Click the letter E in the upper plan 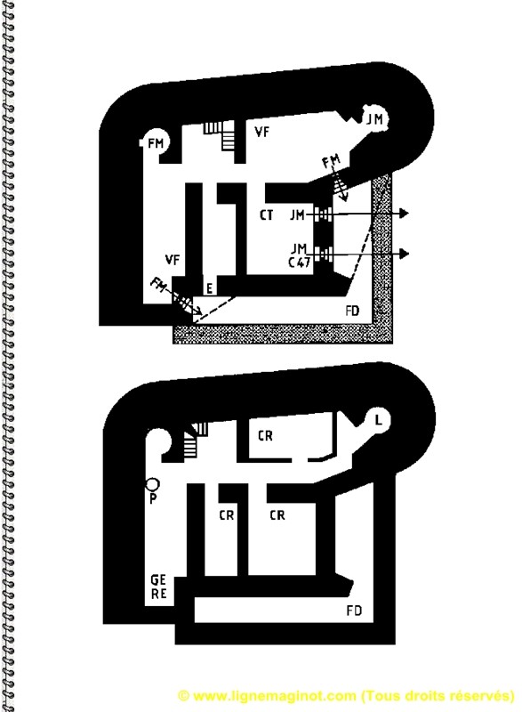pyautogui.click(x=209, y=288)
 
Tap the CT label pyautogui.click(x=267, y=214)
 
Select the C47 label pyautogui.click(x=300, y=262)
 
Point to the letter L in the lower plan pyautogui.click(x=378, y=420)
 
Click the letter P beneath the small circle pyautogui.click(x=153, y=499)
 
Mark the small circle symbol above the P pyautogui.click(x=152, y=484)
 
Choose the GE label pyautogui.click(x=158, y=580)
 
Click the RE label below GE pyautogui.click(x=158, y=594)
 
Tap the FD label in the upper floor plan pyautogui.click(x=352, y=311)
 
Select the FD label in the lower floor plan pyautogui.click(x=354, y=611)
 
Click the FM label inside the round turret pyautogui.click(x=156, y=143)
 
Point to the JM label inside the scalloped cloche pyautogui.click(x=374, y=119)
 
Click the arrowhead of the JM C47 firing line pyautogui.click(x=404, y=254)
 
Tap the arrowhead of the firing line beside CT pyautogui.click(x=404, y=213)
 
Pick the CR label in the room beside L pyautogui.click(x=265, y=436)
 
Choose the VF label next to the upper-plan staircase pyautogui.click(x=262, y=132)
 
